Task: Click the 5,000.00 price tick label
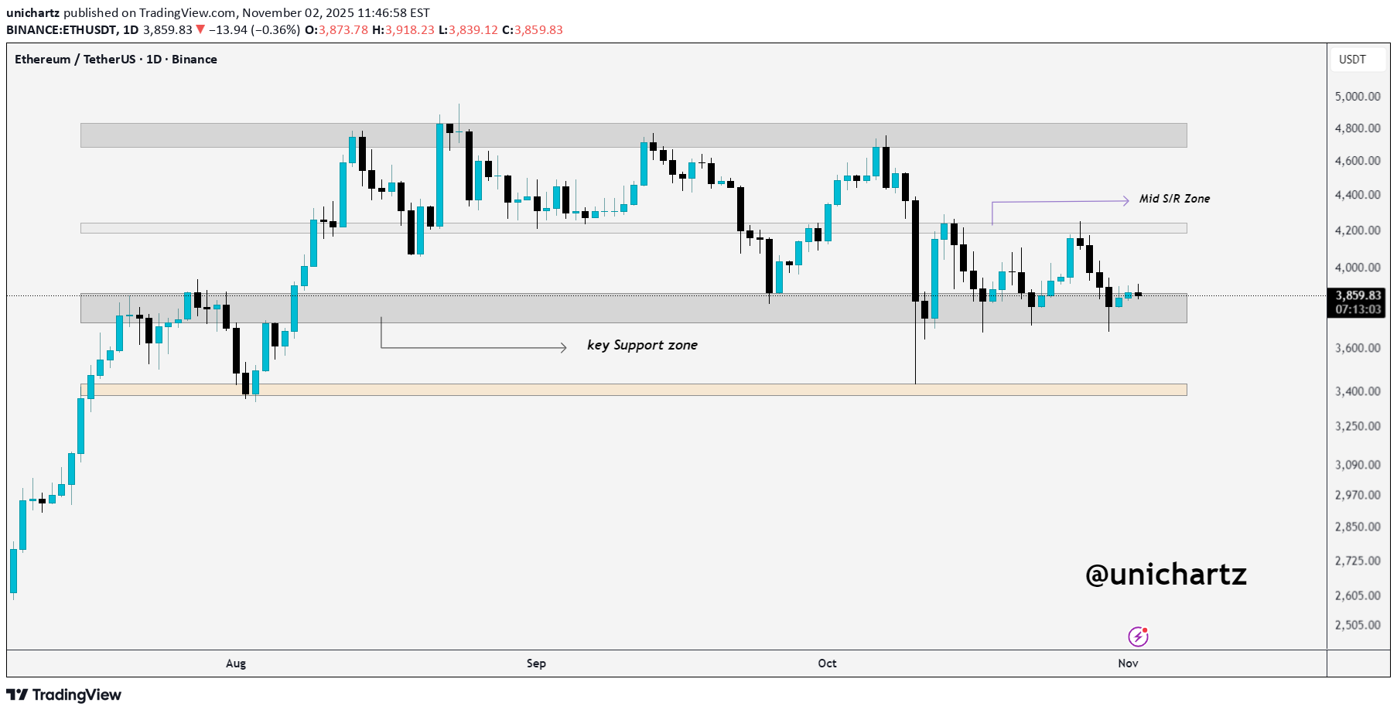click(x=1358, y=97)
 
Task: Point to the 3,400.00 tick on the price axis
click(x=1358, y=391)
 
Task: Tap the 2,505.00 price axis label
click(x=1358, y=625)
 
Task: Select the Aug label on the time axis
click(x=236, y=664)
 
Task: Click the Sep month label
click(x=536, y=664)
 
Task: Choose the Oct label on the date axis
click(x=827, y=664)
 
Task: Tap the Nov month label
click(x=1128, y=664)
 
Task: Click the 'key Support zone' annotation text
click(x=642, y=345)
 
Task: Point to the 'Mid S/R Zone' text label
click(x=1174, y=199)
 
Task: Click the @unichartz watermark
click(x=1166, y=574)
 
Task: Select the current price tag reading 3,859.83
click(x=1358, y=295)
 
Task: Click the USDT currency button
click(x=1353, y=60)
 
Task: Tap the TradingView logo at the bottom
click(x=64, y=694)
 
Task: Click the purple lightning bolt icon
click(x=1138, y=636)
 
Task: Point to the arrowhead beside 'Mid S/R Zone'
click(x=1125, y=201)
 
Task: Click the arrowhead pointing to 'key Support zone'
click(x=563, y=348)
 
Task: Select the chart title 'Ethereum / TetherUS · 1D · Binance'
click(x=116, y=60)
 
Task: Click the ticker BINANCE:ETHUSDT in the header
click(x=61, y=30)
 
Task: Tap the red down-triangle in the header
click(x=200, y=30)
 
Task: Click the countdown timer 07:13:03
click(x=1358, y=309)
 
